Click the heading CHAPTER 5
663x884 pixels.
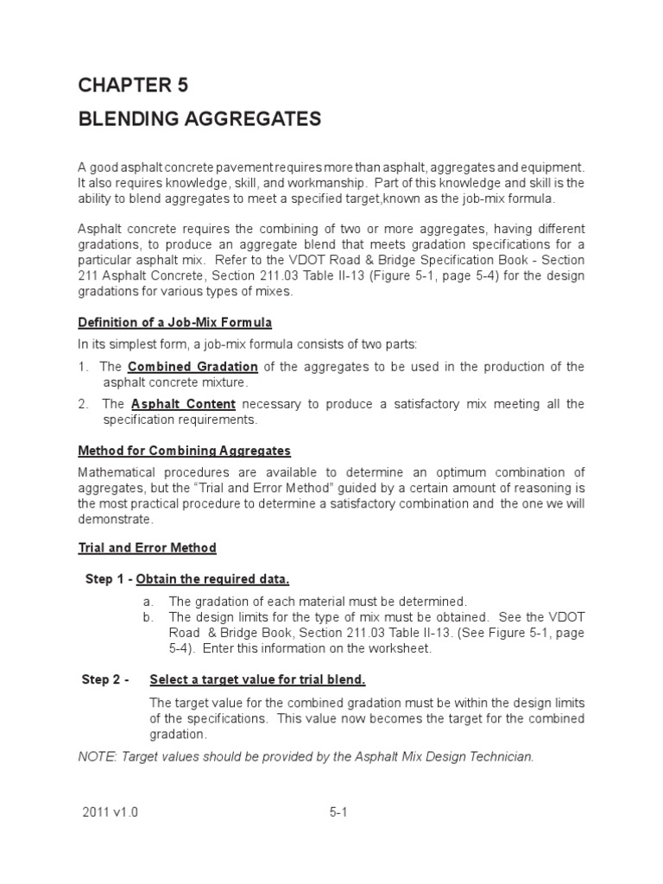[x=133, y=85]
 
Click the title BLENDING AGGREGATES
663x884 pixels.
[x=199, y=119]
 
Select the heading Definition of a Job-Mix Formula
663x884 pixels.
[x=175, y=323]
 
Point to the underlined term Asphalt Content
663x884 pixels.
[x=182, y=404]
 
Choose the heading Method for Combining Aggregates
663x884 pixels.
[x=185, y=451]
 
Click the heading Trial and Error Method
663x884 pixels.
[x=147, y=547]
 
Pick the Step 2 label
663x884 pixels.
[x=104, y=679]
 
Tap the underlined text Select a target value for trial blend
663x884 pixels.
[x=257, y=679]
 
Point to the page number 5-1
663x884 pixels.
[x=338, y=812]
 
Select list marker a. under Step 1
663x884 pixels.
[x=148, y=601]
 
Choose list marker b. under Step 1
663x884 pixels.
[x=148, y=616]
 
